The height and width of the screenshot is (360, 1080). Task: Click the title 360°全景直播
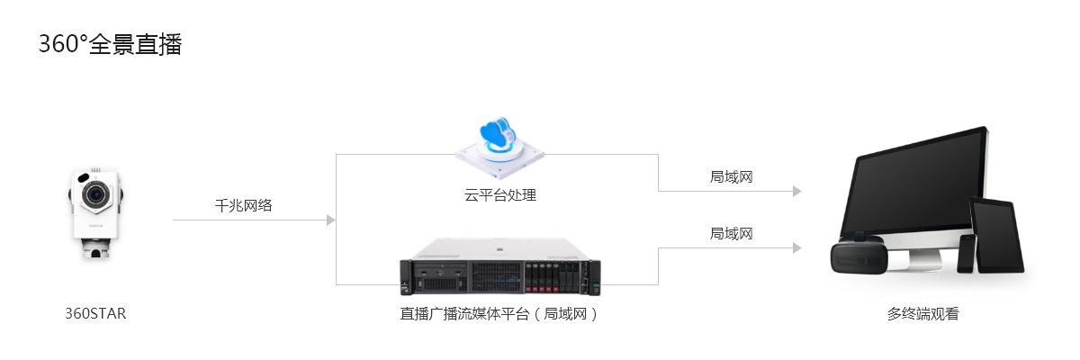pos(110,44)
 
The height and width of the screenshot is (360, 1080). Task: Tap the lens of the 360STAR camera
pos(94,194)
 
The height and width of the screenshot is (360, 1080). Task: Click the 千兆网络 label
pos(243,205)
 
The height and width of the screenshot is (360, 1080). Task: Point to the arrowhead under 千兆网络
pos(330,220)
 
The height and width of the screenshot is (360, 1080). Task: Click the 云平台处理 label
pos(500,194)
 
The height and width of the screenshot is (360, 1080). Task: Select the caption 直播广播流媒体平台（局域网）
pos(499,314)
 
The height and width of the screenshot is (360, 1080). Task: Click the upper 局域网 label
pos(731,176)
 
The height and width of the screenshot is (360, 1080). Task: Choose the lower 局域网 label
pos(731,233)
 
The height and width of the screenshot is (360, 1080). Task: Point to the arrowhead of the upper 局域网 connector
pos(796,191)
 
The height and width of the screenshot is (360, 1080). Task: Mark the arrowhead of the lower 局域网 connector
pos(796,247)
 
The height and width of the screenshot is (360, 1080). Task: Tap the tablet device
pos(997,236)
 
